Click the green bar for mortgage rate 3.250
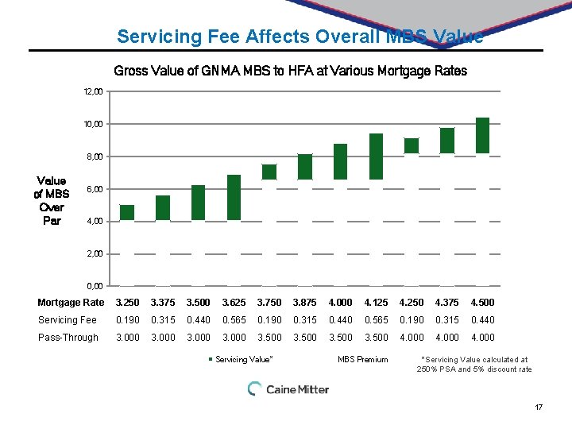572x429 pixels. [127, 212]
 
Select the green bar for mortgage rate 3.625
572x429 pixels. [234, 197]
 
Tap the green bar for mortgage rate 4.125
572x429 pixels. [376, 157]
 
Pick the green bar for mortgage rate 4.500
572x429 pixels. [482, 135]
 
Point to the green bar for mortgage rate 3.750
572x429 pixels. [269, 172]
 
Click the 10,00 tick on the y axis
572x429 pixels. [94, 124]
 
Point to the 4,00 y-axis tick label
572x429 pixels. [94, 221]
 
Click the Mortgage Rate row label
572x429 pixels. [71, 303]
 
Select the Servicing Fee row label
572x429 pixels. [68, 320]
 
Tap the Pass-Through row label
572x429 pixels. [68, 338]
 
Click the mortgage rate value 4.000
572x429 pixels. [340, 303]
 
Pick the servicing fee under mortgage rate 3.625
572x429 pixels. [234, 320]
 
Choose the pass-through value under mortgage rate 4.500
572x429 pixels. [482, 338]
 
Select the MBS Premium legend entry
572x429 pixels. [362, 360]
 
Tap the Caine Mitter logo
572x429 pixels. [288, 389]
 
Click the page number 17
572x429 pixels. [539, 408]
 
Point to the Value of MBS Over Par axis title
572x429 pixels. [52, 201]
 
